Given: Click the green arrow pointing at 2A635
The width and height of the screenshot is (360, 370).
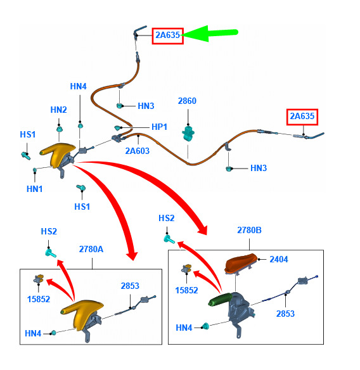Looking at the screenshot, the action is click(209, 34).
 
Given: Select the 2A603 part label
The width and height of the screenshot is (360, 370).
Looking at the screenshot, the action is click(137, 151).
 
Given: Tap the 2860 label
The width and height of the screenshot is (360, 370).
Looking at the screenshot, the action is click(187, 101).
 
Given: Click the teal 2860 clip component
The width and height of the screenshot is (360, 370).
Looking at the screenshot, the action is click(188, 133).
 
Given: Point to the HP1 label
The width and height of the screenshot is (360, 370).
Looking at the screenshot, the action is click(159, 127).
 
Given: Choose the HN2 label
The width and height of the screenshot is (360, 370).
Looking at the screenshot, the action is click(58, 110).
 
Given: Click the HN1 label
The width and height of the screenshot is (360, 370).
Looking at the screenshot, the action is click(34, 189).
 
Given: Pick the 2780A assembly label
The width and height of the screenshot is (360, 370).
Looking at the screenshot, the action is click(91, 249).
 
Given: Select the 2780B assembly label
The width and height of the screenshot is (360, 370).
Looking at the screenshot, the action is click(249, 230).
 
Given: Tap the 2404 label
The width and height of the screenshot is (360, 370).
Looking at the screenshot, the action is click(279, 259).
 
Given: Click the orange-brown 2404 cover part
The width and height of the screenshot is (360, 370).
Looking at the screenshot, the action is click(241, 264).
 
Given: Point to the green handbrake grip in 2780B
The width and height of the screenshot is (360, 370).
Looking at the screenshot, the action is click(220, 299).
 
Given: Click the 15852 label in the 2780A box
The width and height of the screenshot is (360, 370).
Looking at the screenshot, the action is click(39, 299).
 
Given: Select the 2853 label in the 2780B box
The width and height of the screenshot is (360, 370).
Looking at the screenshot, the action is click(285, 314).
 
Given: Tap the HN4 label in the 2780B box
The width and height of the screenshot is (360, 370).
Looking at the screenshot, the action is click(184, 328).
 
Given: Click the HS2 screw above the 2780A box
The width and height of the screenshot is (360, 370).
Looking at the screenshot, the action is click(51, 253).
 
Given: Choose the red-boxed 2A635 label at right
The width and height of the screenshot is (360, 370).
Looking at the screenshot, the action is click(302, 117).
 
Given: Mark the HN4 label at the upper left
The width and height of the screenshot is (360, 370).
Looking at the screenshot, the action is click(79, 86).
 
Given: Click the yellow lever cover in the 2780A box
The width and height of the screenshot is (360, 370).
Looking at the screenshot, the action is click(81, 311).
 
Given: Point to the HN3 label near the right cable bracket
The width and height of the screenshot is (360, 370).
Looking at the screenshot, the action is click(259, 169).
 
